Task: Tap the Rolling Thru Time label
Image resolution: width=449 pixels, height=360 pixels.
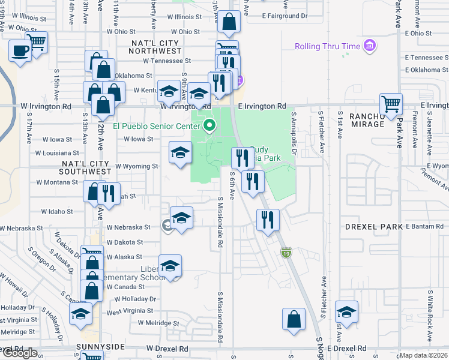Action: click(327, 47)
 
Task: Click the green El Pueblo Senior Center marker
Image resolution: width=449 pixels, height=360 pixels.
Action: click(209, 126)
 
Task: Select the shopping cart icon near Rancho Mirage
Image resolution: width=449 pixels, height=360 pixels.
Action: click(391, 103)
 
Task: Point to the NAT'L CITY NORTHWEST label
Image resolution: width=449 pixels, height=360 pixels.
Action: click(163, 48)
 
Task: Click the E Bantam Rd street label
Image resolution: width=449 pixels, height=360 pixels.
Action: click(427, 226)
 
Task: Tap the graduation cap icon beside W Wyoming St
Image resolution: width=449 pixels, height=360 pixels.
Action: click(180, 152)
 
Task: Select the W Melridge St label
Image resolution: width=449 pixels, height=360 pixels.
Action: click(158, 323)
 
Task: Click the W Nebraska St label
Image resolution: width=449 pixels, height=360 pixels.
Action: click(128, 227)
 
